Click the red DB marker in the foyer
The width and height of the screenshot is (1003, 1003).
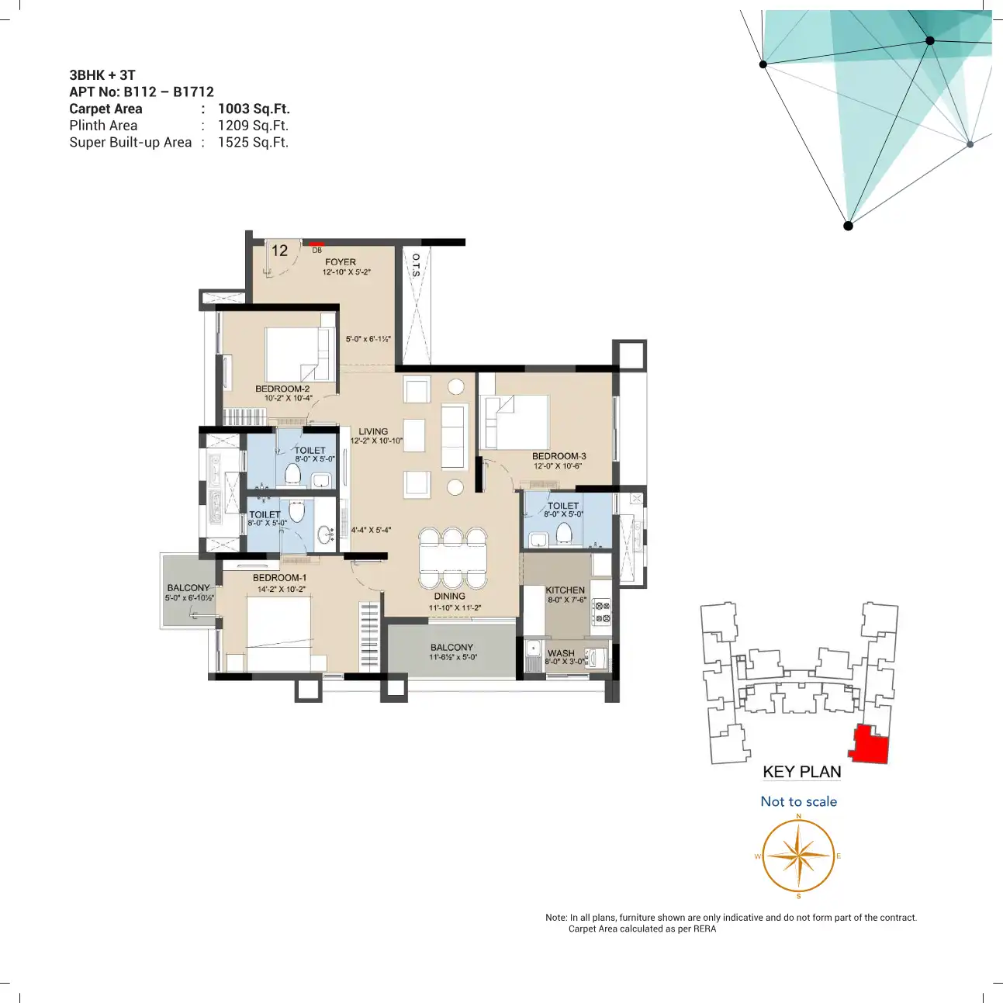[x=316, y=243]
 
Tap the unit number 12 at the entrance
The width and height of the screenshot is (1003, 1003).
[x=279, y=251]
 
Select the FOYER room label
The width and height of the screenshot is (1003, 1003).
[x=341, y=262]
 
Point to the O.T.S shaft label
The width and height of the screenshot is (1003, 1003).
[x=417, y=265]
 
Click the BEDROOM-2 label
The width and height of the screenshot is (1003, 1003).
[x=282, y=389]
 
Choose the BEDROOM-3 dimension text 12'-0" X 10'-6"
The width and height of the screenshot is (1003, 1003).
[x=558, y=466]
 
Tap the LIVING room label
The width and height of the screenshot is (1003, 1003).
[x=373, y=431]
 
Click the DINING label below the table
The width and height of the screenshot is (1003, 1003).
[x=450, y=597]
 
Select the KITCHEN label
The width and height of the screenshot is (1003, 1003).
[x=565, y=590]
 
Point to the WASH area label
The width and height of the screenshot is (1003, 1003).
[x=561, y=653]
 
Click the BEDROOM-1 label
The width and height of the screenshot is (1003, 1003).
[x=279, y=578]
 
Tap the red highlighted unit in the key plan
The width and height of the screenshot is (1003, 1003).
[x=870, y=745]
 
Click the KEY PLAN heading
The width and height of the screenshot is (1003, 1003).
[x=801, y=772]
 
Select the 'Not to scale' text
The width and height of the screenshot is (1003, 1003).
[x=798, y=801]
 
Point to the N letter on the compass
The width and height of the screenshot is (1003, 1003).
[x=798, y=815]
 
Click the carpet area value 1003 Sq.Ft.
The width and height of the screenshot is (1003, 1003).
[x=254, y=109]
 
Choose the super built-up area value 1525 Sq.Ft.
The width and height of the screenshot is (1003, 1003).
[x=253, y=142]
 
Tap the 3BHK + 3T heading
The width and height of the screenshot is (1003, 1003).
[x=102, y=75]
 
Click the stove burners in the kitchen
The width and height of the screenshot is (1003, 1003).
[x=602, y=612]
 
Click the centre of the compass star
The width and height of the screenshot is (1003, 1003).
[x=798, y=856]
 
